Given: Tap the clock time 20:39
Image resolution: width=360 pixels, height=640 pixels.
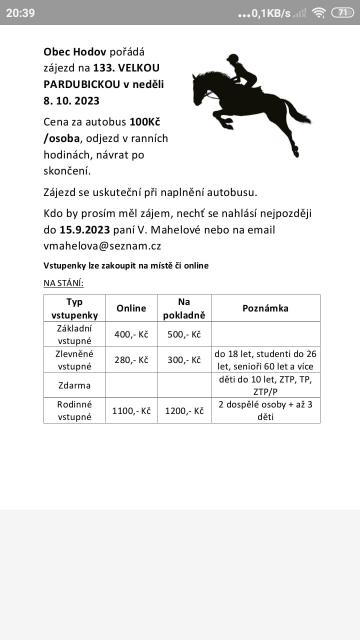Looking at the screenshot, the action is [x=20, y=13].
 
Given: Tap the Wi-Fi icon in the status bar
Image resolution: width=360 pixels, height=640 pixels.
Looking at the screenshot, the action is [x=320, y=13].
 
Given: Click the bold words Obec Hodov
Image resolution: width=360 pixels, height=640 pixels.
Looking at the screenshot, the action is [x=76, y=51].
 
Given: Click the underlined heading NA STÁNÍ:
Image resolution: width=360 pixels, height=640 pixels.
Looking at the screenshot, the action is [x=63, y=283].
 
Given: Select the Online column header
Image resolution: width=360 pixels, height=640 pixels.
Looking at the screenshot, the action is [x=131, y=308].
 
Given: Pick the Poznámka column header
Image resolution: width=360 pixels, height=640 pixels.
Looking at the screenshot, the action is [x=266, y=308].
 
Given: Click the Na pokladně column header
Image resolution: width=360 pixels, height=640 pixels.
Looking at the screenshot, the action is [x=184, y=308].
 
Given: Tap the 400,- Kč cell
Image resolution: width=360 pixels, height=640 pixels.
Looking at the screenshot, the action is [x=131, y=335].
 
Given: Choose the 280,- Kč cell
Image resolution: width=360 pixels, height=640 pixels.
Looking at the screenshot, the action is [x=131, y=360].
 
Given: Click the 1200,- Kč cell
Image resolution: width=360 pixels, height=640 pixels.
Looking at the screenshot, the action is [x=184, y=410].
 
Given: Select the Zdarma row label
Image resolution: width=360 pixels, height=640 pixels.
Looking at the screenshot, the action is [x=74, y=385].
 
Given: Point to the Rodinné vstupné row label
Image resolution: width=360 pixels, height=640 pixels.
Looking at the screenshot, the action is [x=74, y=410].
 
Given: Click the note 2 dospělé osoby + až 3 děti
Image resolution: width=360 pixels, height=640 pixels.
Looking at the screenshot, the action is [x=266, y=410].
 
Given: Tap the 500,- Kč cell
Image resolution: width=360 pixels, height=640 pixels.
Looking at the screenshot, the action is [x=184, y=335].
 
